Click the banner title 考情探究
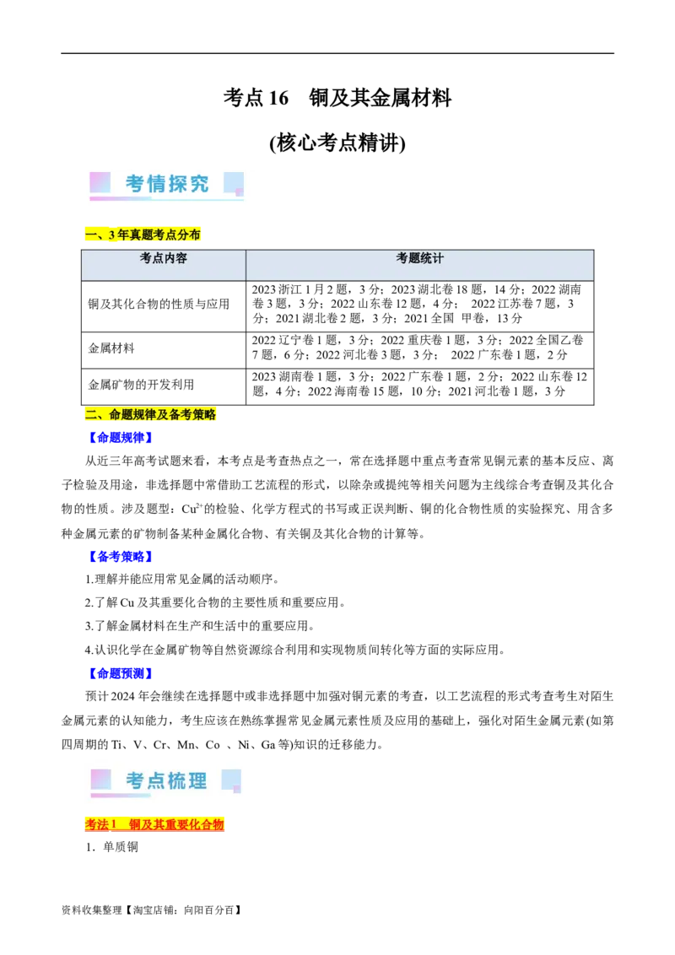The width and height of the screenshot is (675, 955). (x=167, y=184)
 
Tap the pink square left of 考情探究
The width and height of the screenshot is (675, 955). (x=100, y=182)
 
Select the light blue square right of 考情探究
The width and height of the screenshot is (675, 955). (x=233, y=182)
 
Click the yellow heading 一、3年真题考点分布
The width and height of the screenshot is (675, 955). (x=142, y=235)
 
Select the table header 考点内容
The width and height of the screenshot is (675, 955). (x=164, y=259)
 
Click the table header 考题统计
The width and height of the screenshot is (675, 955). (x=419, y=259)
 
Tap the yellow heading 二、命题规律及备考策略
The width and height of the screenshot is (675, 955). (x=151, y=415)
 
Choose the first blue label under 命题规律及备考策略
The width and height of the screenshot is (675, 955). (x=121, y=437)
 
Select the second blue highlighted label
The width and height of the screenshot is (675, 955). (x=121, y=557)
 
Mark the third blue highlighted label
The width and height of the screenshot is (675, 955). (x=121, y=672)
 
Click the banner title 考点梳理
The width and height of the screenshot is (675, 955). (x=166, y=781)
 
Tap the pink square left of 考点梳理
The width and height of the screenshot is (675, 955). (x=100, y=780)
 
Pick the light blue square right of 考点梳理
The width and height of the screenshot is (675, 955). (x=231, y=780)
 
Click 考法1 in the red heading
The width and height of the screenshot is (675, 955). (x=102, y=824)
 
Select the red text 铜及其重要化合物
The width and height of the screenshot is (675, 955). (x=176, y=824)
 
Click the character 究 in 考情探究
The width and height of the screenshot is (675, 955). (x=199, y=184)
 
